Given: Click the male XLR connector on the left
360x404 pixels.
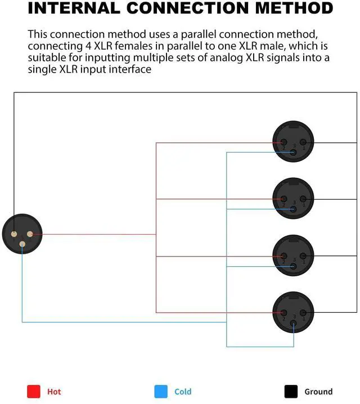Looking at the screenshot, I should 21,234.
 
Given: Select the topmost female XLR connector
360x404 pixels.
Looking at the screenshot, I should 292,142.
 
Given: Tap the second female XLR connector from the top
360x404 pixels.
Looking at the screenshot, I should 292,198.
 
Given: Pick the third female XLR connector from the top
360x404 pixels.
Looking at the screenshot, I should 292,255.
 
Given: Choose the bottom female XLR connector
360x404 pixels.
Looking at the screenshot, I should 292,313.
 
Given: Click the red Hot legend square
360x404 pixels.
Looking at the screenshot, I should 34,391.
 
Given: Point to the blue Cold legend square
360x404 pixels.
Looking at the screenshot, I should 161,391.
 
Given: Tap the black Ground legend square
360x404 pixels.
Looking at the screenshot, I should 291,391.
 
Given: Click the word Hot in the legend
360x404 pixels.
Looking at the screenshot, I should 54,392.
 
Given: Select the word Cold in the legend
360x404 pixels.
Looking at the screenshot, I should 183,392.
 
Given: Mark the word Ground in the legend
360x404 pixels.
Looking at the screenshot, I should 318,392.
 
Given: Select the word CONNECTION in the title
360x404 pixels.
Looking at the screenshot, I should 186,8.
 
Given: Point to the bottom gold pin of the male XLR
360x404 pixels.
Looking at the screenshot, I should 22,244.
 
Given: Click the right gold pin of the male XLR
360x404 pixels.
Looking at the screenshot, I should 30,234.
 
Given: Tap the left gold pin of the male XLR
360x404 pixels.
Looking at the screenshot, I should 13,234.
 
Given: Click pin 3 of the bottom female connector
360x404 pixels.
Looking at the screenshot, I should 293,324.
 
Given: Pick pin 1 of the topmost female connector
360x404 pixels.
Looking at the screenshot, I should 303,142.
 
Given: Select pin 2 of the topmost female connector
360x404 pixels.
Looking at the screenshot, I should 283,142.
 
